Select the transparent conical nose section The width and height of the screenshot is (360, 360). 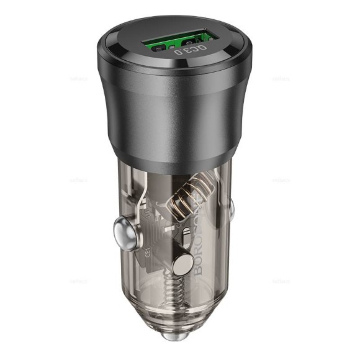pos(186,310)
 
